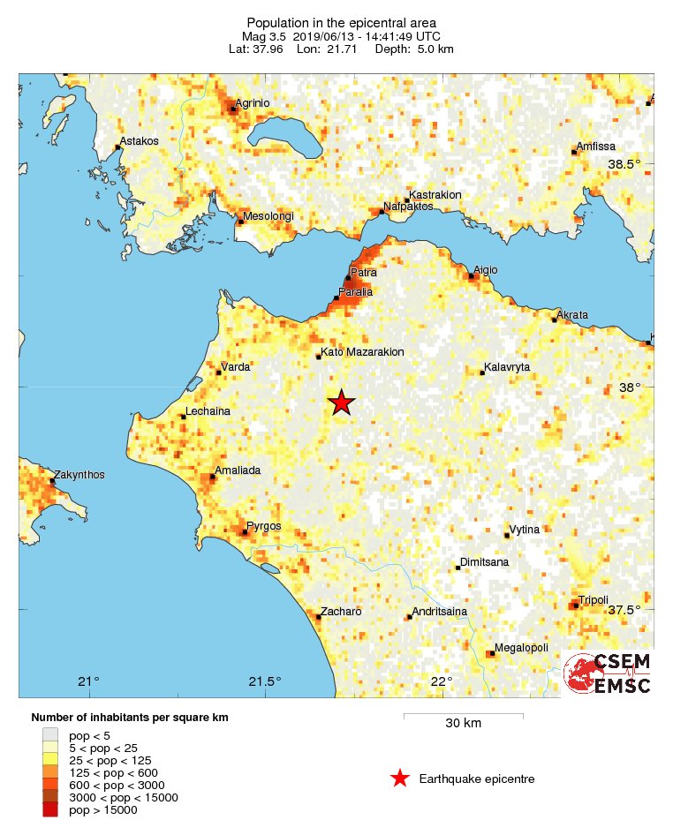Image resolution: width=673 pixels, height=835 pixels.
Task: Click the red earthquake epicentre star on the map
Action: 342,402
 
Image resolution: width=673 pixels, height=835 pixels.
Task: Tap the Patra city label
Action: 363,273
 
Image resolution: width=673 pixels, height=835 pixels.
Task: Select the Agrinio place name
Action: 253,103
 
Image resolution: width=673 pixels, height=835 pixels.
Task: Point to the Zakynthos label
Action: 79,475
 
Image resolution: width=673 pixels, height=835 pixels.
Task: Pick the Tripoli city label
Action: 594,599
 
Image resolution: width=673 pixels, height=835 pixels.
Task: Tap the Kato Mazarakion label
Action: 362,351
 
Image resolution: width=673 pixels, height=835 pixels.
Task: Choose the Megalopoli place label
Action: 519,648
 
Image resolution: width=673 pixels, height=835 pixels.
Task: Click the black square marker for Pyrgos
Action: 245,531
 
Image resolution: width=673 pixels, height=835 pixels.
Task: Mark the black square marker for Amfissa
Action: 573,153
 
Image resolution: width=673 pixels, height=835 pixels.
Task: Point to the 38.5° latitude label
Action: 624,164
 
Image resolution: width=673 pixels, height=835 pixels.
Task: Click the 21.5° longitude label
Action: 265,681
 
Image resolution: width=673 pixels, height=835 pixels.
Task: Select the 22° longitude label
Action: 442,681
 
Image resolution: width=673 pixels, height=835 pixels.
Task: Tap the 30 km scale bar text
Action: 463,724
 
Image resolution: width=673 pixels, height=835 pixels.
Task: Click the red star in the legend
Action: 400,778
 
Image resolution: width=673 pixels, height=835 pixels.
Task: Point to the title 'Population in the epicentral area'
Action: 341,22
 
